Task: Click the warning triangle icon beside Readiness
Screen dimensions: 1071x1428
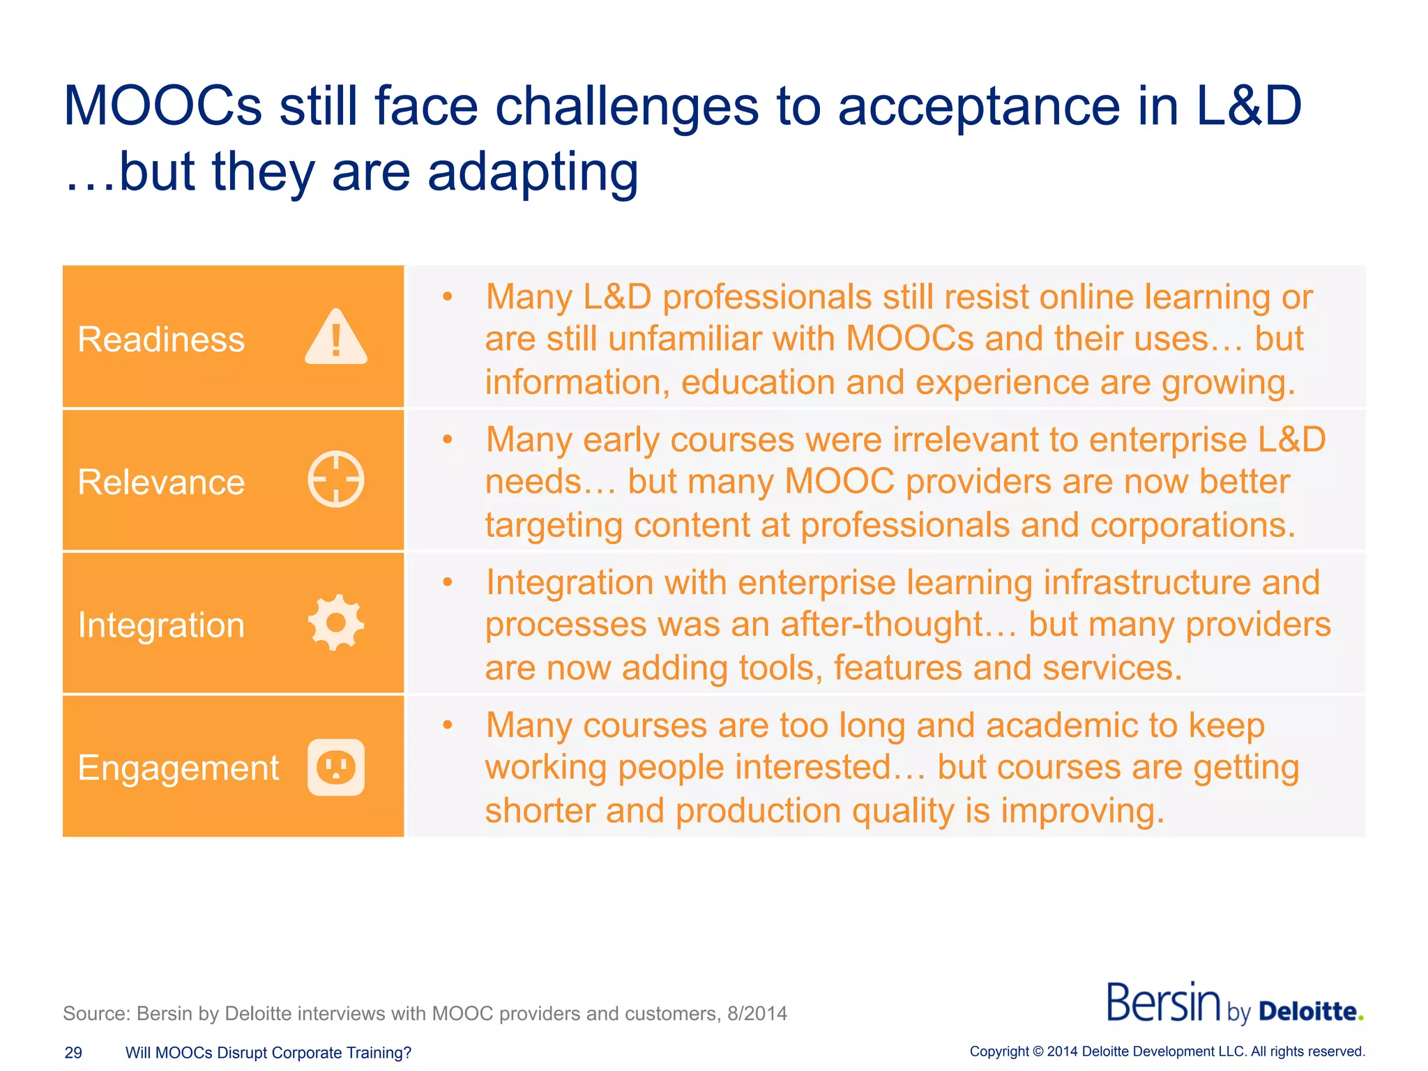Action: coord(336,338)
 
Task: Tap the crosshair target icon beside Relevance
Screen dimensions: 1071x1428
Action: coord(336,480)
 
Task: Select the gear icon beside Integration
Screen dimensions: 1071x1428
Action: coord(336,623)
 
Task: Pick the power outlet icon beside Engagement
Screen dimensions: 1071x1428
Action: coord(336,767)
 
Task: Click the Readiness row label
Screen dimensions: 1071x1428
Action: coord(161,340)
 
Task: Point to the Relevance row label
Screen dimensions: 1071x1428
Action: coord(161,483)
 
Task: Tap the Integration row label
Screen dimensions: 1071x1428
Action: coord(161,625)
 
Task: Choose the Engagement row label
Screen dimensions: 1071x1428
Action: coord(178,768)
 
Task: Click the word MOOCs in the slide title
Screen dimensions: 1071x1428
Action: coord(162,106)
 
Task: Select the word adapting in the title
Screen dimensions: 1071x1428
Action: coord(533,173)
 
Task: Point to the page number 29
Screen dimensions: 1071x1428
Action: coord(73,1053)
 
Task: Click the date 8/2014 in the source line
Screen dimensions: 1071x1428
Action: coord(757,1013)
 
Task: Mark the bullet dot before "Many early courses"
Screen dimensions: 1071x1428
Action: coord(448,439)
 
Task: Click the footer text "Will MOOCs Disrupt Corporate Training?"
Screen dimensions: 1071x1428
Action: coord(268,1053)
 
